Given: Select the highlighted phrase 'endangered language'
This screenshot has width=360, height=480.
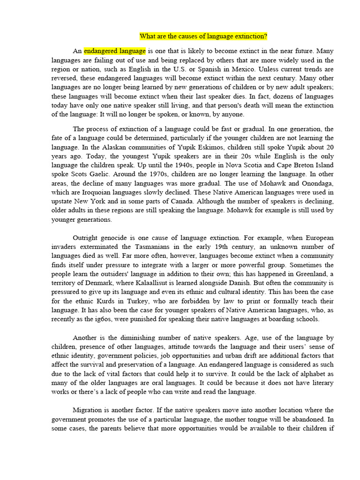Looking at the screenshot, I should (x=115, y=51).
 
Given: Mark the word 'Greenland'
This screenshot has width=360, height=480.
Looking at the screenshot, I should (x=311, y=274).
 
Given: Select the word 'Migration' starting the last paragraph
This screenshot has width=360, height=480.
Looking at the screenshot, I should (x=89, y=410).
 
